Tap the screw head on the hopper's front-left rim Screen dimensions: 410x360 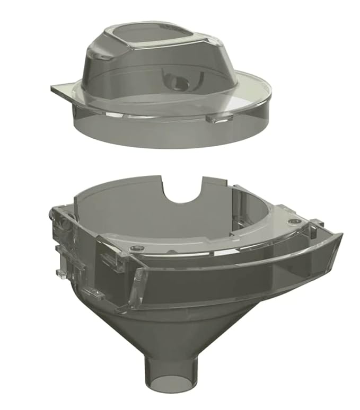[x=139, y=248]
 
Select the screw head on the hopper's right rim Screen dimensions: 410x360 [x=292, y=220]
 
